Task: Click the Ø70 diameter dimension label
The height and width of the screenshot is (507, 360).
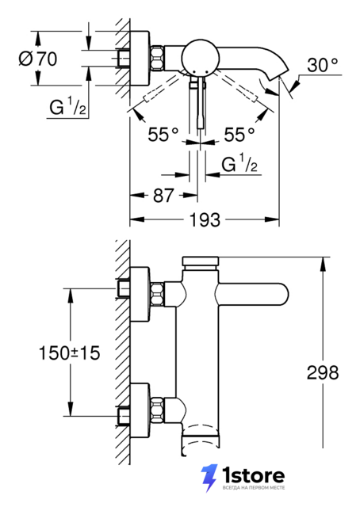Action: coord(38,59)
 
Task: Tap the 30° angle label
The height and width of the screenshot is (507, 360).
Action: coord(322,65)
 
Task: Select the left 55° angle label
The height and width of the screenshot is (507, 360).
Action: coord(163,134)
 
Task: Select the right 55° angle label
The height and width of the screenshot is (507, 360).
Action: coord(239,134)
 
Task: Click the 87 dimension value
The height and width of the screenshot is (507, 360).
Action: coord(163,196)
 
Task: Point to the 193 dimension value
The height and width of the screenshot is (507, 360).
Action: coord(205,220)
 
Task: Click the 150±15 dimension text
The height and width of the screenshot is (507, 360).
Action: coord(69,353)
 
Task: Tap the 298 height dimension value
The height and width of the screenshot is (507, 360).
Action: coord(323,372)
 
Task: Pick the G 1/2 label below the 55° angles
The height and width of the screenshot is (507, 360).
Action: coord(239,163)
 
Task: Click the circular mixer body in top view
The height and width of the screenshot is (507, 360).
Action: coord(197,58)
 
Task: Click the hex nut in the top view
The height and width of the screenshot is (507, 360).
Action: coord(157,58)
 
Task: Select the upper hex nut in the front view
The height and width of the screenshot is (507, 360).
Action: coord(157,294)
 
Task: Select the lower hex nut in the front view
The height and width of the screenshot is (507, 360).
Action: coord(157,410)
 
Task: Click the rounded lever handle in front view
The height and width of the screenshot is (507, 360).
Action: coord(252,294)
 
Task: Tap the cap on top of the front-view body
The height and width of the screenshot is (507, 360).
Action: coord(201,261)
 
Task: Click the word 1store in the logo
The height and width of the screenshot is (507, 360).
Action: coord(254,475)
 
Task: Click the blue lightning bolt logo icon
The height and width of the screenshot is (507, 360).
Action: coord(209,478)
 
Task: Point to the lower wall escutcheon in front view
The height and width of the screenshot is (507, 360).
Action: coord(140,410)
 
